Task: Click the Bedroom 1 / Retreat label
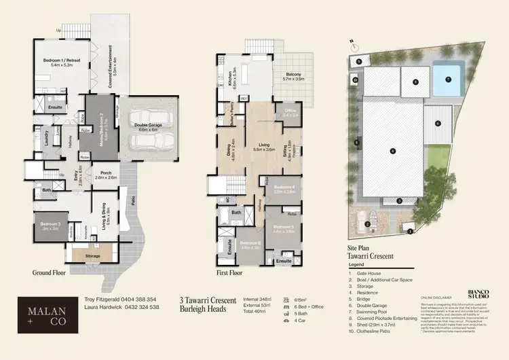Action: tap(62, 60)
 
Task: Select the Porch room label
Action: tap(106, 174)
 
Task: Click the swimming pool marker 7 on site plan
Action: tap(448, 79)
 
